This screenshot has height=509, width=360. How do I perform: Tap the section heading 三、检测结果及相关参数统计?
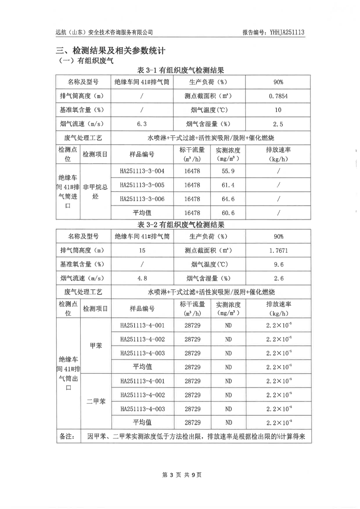click(x=113, y=50)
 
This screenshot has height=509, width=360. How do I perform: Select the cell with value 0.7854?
click(x=278, y=96)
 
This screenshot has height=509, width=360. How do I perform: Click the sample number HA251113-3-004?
click(x=142, y=171)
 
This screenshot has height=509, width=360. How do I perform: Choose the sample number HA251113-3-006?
click(x=142, y=199)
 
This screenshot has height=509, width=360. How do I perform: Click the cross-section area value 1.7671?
click(x=278, y=250)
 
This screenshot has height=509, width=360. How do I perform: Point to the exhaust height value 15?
click(x=142, y=250)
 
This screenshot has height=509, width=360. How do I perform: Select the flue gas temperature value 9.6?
click(x=278, y=264)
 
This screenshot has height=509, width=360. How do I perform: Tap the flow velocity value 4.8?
click(x=142, y=279)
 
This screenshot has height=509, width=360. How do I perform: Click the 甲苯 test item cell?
click(x=96, y=346)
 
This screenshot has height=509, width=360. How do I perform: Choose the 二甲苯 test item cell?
click(x=96, y=401)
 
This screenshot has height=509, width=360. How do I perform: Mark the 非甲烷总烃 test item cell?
click(x=95, y=192)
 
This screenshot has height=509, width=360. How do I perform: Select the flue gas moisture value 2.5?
click(x=278, y=124)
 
